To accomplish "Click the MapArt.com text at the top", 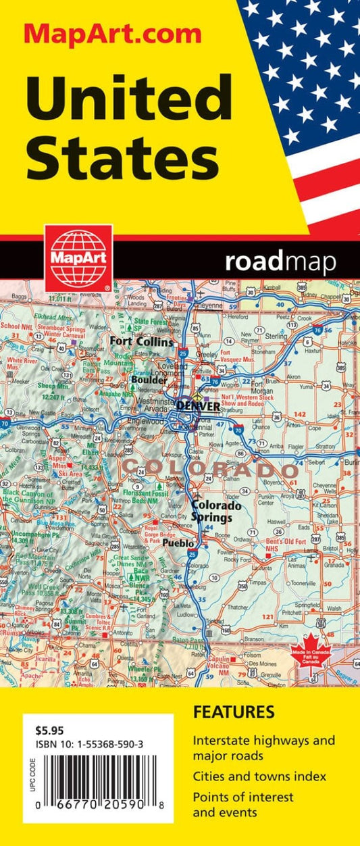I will (113, 33).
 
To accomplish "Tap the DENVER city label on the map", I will (198, 406).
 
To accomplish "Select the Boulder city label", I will (149, 380).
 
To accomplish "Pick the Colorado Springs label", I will (211, 511).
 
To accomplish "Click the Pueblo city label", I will (179, 543).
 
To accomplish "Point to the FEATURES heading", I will (233, 712).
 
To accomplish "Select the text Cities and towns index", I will (259, 776).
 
